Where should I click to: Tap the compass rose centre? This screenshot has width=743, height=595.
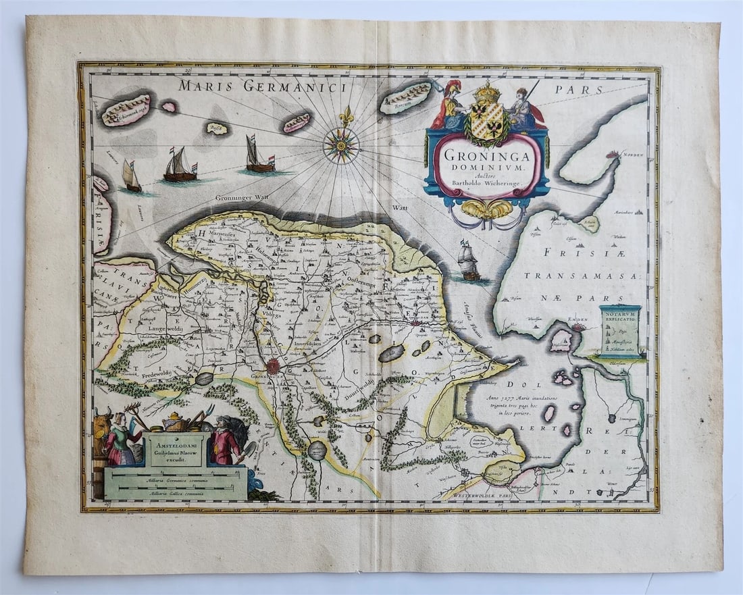click(341, 145)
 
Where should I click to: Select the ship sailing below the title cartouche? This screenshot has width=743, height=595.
click(469, 262)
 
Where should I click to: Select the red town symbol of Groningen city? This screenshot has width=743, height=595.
click(273, 367)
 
